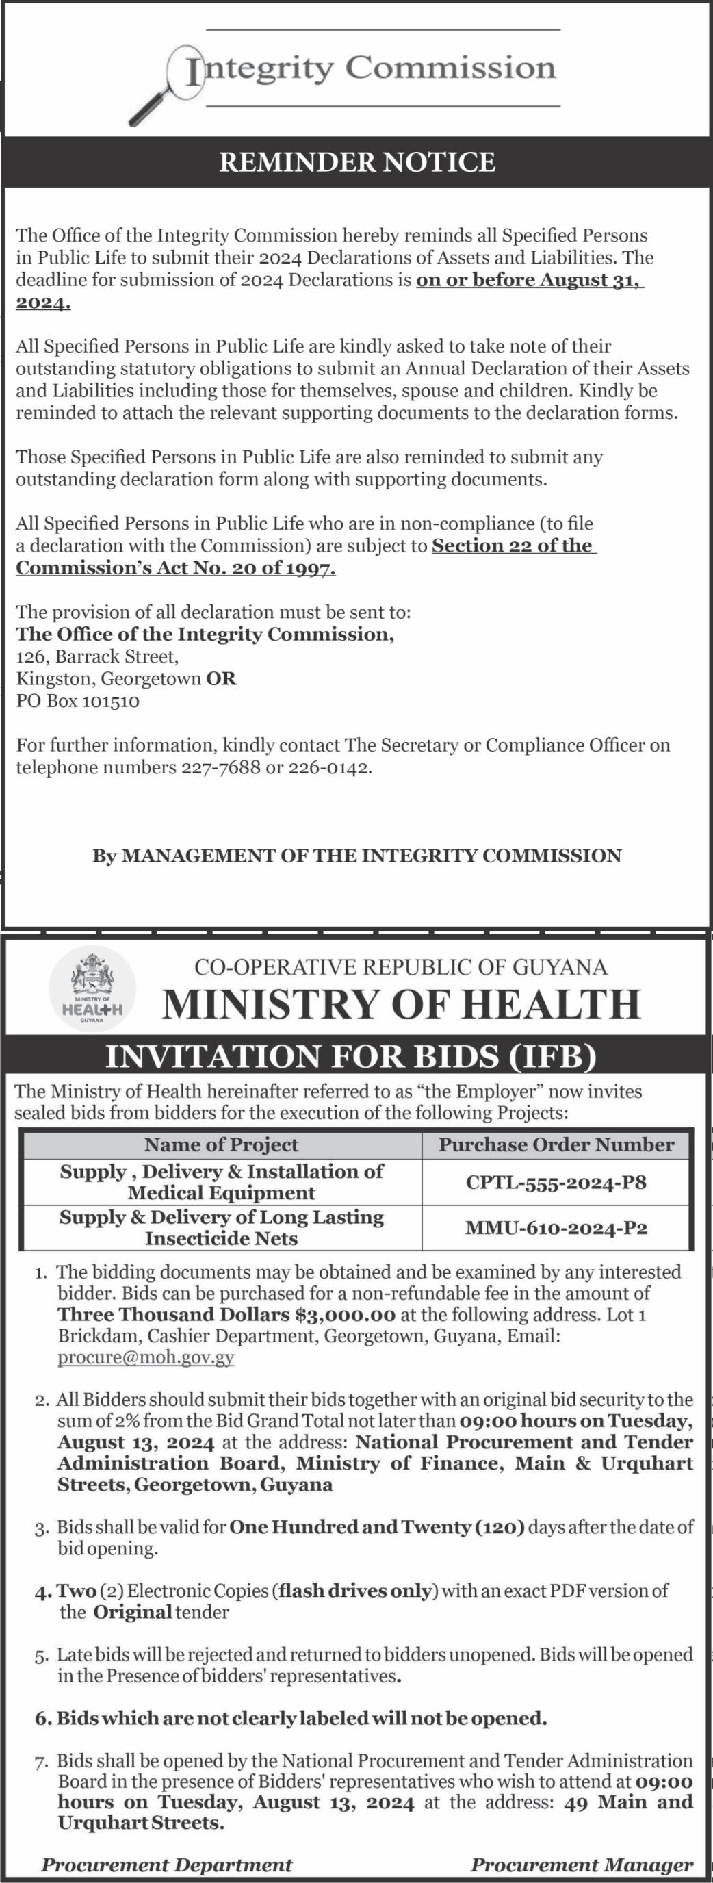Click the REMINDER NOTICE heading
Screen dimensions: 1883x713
point(357,162)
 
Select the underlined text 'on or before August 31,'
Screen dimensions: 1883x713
point(530,280)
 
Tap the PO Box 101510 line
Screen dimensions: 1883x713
point(77,701)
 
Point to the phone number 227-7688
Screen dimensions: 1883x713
point(220,767)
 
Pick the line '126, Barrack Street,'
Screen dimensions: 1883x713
point(97,656)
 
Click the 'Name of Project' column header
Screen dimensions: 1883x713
point(221,1144)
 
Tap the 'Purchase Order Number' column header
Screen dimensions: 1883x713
point(556,1144)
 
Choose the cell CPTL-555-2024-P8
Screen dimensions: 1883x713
point(556,1182)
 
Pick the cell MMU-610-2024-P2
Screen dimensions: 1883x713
point(556,1228)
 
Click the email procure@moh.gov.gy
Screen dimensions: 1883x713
point(146,1358)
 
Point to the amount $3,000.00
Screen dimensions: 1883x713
point(346,1315)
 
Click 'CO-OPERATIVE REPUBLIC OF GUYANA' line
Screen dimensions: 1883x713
point(400,967)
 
